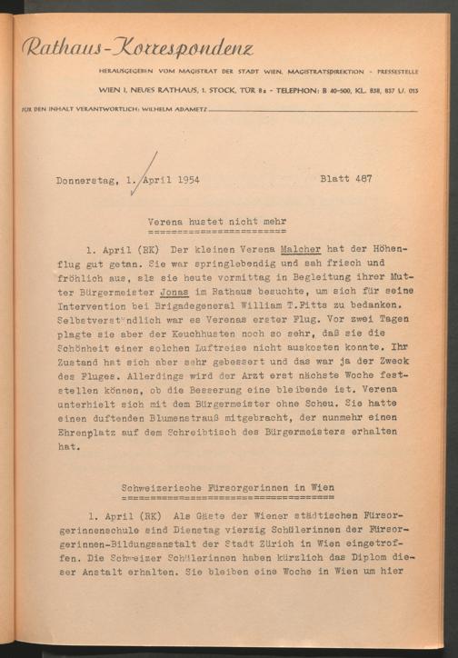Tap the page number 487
click(361, 179)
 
